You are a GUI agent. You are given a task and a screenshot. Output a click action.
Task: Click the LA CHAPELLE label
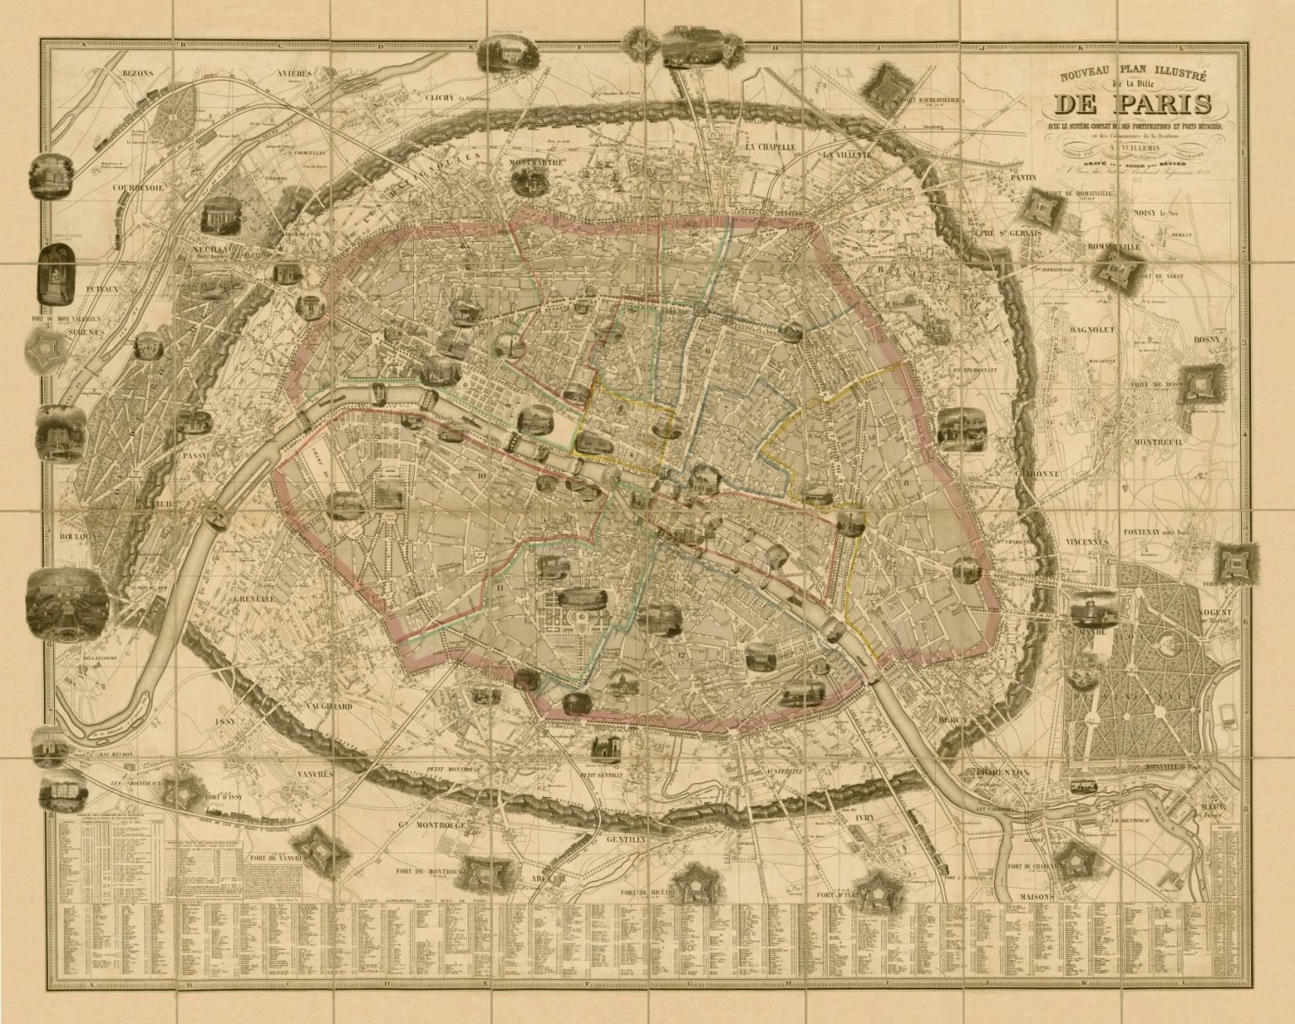point(771,147)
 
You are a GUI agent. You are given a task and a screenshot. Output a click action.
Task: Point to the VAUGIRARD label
point(325,706)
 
